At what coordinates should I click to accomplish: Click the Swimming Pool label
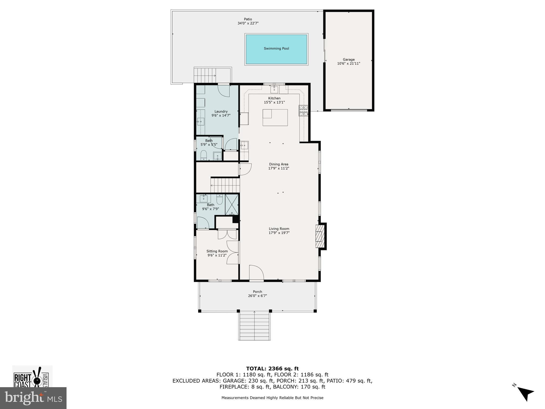click(x=276, y=48)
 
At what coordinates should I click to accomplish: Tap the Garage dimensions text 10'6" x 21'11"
click(x=349, y=64)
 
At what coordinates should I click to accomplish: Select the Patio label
click(x=248, y=19)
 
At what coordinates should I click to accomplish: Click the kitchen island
click(x=275, y=117)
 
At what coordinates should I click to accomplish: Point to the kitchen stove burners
click(x=303, y=111)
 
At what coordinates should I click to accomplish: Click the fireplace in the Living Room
click(x=320, y=236)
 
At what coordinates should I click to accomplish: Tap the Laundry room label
click(x=221, y=112)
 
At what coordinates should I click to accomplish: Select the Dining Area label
click(x=279, y=164)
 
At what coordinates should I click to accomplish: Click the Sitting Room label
click(x=217, y=251)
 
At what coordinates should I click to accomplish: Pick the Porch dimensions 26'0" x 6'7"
click(x=257, y=296)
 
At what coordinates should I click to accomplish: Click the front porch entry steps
click(x=254, y=326)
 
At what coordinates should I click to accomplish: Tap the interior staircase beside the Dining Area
click(x=225, y=185)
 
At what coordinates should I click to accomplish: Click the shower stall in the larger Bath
click(x=232, y=204)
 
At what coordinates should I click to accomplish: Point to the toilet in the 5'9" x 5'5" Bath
click(x=204, y=155)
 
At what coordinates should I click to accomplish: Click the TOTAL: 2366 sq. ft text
click(x=272, y=369)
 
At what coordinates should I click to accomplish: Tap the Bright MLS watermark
click(x=33, y=398)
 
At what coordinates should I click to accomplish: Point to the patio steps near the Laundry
click(x=213, y=75)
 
